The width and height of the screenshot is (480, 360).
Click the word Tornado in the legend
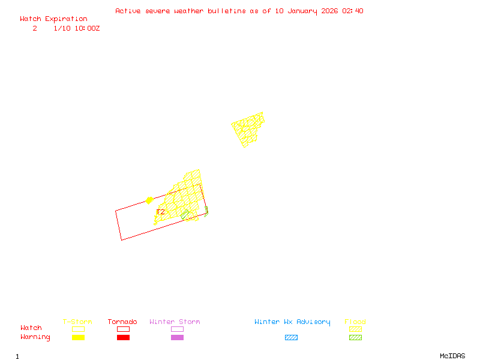[122, 322]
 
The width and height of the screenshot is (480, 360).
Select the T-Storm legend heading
[77, 322]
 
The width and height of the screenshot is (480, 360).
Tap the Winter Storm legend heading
[175, 322]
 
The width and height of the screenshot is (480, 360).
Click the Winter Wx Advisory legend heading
[292, 322]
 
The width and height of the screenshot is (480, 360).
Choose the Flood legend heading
[355, 322]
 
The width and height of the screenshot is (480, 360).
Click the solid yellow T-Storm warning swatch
[78, 338]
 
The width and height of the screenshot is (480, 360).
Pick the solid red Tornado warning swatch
[123, 338]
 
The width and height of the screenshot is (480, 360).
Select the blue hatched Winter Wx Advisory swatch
[291, 338]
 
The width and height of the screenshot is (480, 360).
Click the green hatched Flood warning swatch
[355, 338]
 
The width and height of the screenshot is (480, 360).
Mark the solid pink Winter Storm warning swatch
[177, 338]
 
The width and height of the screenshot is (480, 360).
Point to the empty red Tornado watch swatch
[123, 329]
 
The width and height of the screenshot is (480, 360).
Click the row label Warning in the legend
[35, 337]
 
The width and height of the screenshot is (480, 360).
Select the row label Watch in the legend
[31, 328]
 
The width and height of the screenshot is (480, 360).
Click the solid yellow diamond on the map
[149, 200]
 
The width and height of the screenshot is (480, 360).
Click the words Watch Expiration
[53, 19]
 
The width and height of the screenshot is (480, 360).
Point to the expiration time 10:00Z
[87, 28]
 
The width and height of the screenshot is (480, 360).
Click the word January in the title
[305, 11]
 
